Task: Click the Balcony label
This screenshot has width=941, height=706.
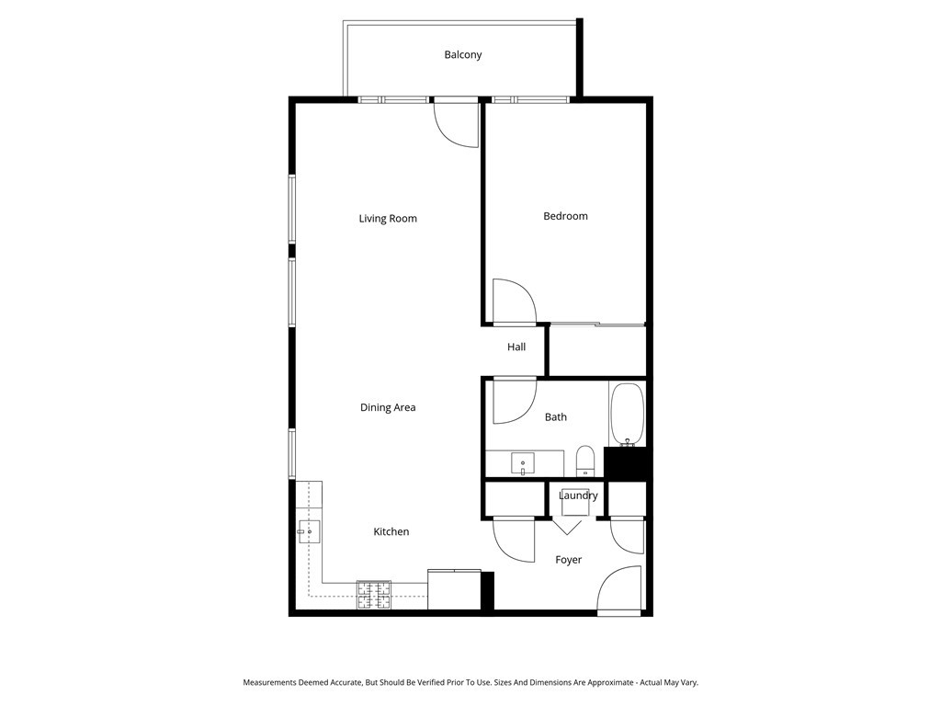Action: (462, 55)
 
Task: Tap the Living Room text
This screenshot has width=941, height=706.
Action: (388, 219)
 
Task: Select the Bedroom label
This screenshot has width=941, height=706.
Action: (565, 216)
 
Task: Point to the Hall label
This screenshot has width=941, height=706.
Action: (516, 347)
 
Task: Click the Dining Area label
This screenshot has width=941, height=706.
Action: (388, 407)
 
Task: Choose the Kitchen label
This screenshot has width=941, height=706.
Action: (391, 532)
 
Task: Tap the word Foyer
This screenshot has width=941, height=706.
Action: (568, 560)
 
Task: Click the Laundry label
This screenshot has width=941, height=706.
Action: (578, 496)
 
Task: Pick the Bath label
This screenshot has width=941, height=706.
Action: (556, 417)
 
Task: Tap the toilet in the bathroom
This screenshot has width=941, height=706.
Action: (585, 459)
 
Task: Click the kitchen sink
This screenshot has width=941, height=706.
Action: (309, 531)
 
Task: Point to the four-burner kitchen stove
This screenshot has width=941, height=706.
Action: (374, 596)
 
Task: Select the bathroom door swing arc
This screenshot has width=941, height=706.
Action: (515, 402)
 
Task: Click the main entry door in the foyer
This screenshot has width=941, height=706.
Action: (619, 589)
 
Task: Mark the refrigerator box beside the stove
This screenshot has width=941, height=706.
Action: (453, 589)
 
